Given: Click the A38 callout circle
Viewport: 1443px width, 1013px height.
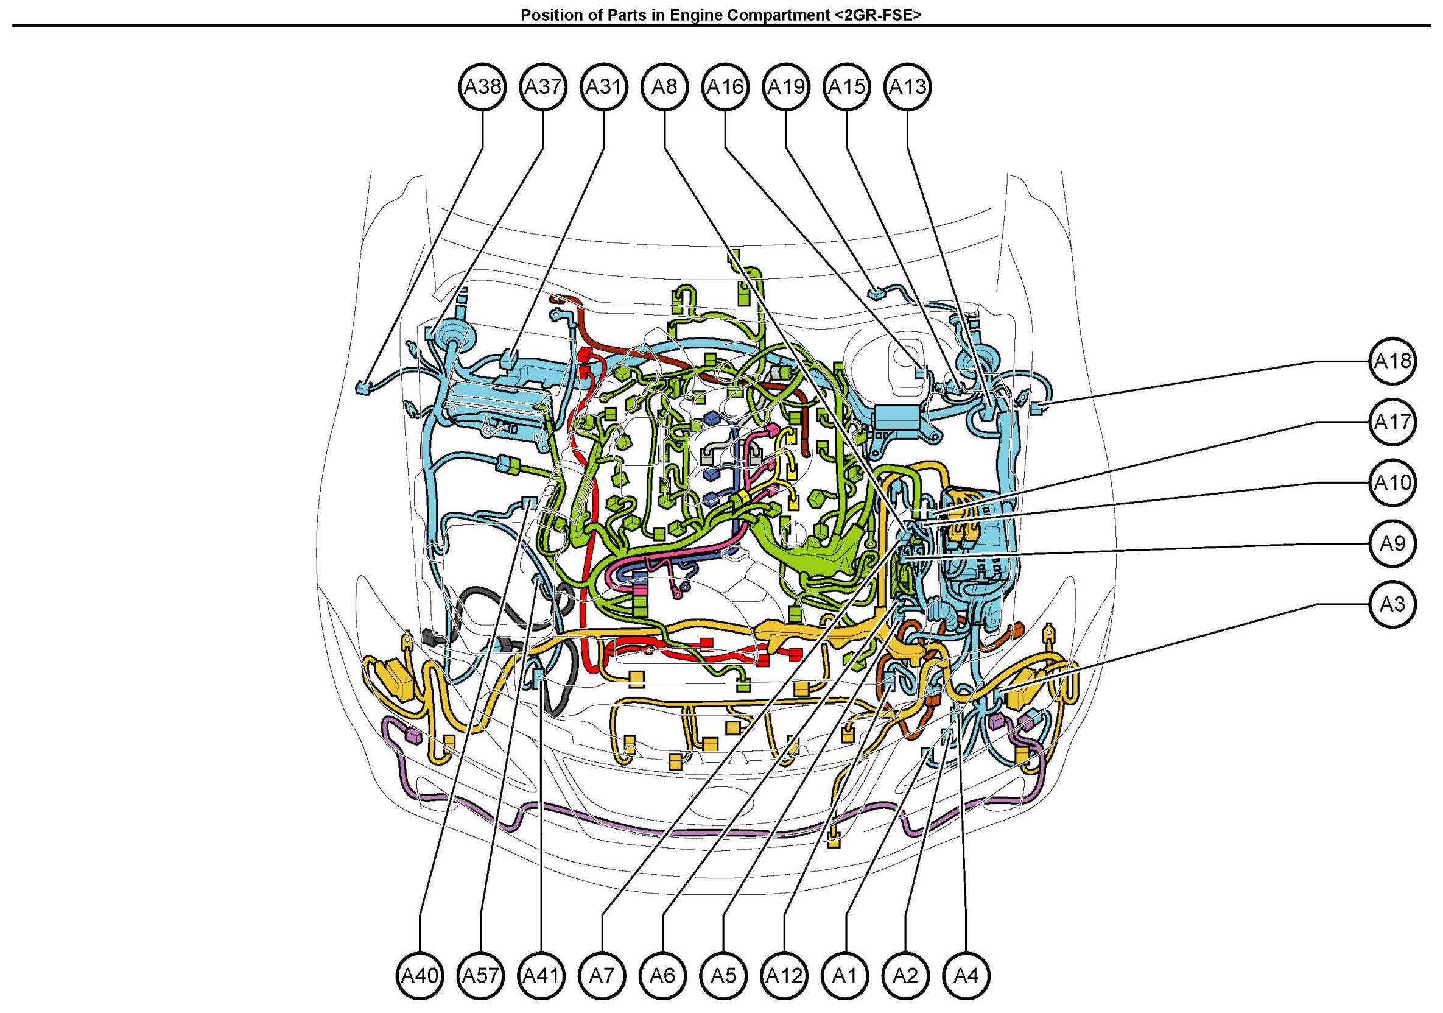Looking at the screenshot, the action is pyautogui.click(x=482, y=86).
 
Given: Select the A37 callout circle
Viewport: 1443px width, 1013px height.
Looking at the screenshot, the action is pyautogui.click(x=543, y=86).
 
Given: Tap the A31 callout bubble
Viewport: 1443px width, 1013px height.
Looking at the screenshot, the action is pyautogui.click(x=603, y=86).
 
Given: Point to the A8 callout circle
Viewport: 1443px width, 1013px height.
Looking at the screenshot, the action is pyautogui.click(x=664, y=86).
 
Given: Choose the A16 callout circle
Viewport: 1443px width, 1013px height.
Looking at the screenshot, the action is pyautogui.click(x=725, y=86).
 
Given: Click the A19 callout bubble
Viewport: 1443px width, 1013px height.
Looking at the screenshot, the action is pyautogui.click(x=786, y=86).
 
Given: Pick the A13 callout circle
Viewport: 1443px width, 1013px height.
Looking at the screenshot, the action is pyautogui.click(x=908, y=86).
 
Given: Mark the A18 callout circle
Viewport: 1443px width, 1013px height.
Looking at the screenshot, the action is pyautogui.click(x=1392, y=361).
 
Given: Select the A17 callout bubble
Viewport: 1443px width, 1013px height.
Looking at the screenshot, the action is pyautogui.click(x=1392, y=422).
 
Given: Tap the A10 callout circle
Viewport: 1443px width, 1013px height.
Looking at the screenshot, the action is pyautogui.click(x=1392, y=482).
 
